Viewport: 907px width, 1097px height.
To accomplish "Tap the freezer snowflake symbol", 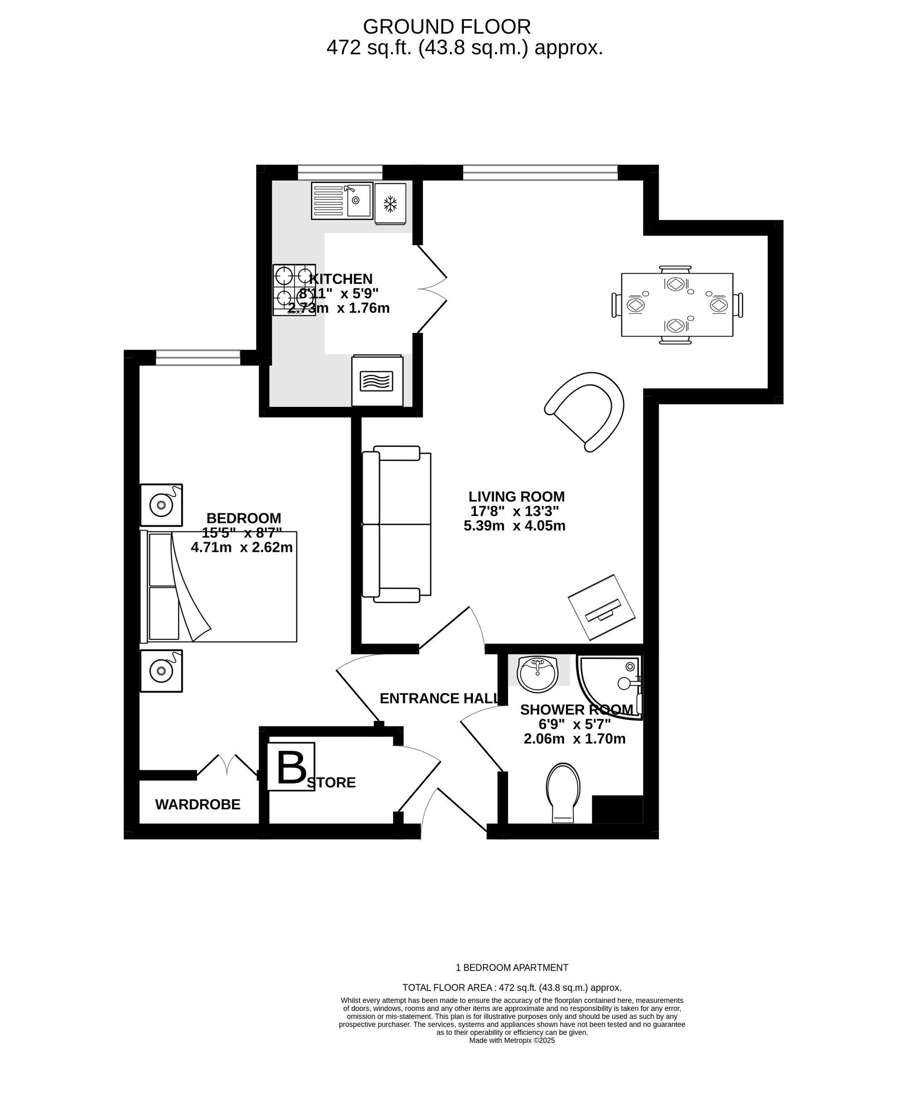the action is [390, 204].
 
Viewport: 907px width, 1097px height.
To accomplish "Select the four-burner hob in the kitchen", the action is [294, 290].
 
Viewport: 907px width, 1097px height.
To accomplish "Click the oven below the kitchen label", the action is [377, 381].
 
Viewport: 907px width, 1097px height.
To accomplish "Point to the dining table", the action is [677, 305].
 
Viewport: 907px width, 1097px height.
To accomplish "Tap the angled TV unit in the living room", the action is [601, 607].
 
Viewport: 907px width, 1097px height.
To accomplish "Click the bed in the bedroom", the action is [219, 587].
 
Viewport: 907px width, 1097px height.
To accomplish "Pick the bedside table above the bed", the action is [161, 505].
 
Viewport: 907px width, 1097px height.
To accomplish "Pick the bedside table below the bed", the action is [161, 671].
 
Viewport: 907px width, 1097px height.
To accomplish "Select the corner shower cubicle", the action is [609, 687].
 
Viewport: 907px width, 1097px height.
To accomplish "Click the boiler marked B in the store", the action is [291, 767].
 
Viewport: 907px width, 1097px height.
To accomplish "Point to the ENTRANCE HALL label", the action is [439, 698].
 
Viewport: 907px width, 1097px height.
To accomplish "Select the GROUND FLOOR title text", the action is [447, 26].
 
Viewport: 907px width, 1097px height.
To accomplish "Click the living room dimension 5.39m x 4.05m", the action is [515, 526].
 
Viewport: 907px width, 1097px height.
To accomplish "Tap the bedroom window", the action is [198, 358].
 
